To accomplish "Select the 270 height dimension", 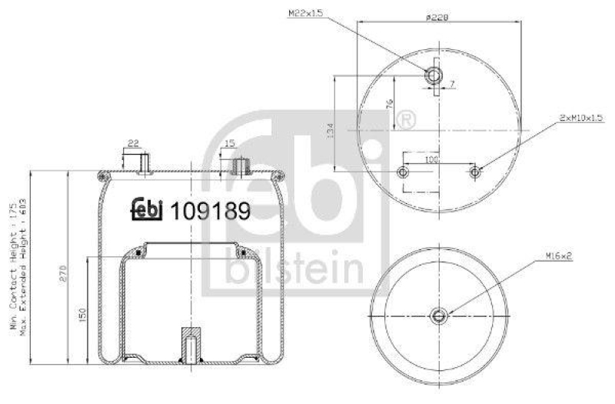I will (x=61, y=273).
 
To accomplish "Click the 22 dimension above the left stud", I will (x=133, y=142).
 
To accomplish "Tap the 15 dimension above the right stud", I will (x=230, y=142).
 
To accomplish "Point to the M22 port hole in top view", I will (x=434, y=75).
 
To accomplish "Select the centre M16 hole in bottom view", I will (x=438, y=315).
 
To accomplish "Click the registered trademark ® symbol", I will (x=407, y=120).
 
